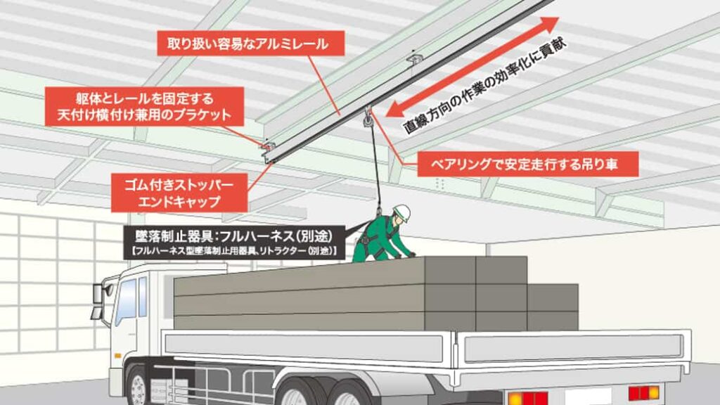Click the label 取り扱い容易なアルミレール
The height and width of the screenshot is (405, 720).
[251, 44]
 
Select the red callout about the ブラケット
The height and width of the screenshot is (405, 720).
[144, 107]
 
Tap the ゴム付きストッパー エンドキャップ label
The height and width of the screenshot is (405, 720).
[179, 193]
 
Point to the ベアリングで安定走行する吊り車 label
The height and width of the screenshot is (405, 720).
[527, 164]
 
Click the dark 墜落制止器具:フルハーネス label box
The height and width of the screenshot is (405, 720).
[234, 243]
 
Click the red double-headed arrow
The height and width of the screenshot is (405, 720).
[472, 67]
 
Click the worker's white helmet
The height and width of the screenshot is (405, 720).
[401, 212]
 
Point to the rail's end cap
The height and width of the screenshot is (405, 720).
[268, 158]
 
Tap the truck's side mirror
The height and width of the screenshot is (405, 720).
[98, 301]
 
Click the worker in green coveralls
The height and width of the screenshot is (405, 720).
[382, 238]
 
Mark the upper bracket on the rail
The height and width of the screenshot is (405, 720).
[415, 59]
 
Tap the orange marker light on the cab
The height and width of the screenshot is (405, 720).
[118, 356]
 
